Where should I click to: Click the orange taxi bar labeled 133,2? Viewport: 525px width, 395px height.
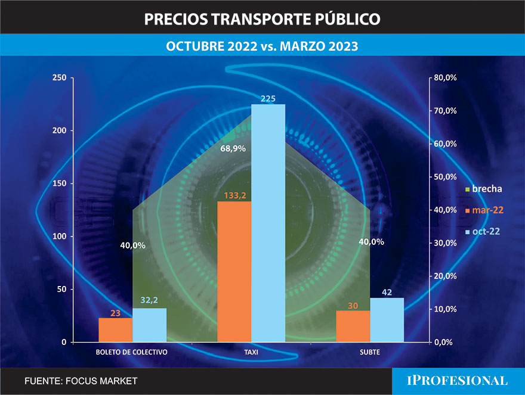(234, 272)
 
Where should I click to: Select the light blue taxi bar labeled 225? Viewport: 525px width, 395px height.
(268, 223)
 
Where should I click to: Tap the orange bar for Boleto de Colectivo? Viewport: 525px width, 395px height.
(115, 330)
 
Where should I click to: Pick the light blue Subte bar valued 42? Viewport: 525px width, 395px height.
(387, 320)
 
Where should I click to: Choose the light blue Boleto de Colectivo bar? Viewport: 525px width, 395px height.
(149, 325)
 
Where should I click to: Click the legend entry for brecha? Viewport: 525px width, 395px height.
(483, 189)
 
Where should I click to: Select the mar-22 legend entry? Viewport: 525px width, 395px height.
(483, 210)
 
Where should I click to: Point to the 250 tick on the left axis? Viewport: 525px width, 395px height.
(59, 78)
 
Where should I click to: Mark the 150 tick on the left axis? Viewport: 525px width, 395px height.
(59, 184)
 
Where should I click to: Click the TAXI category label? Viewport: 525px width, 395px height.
(251, 352)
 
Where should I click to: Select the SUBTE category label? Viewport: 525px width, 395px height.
(370, 352)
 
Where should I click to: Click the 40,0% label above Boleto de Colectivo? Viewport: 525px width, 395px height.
(132, 245)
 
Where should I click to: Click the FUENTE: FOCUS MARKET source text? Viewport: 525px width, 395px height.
(81, 381)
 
